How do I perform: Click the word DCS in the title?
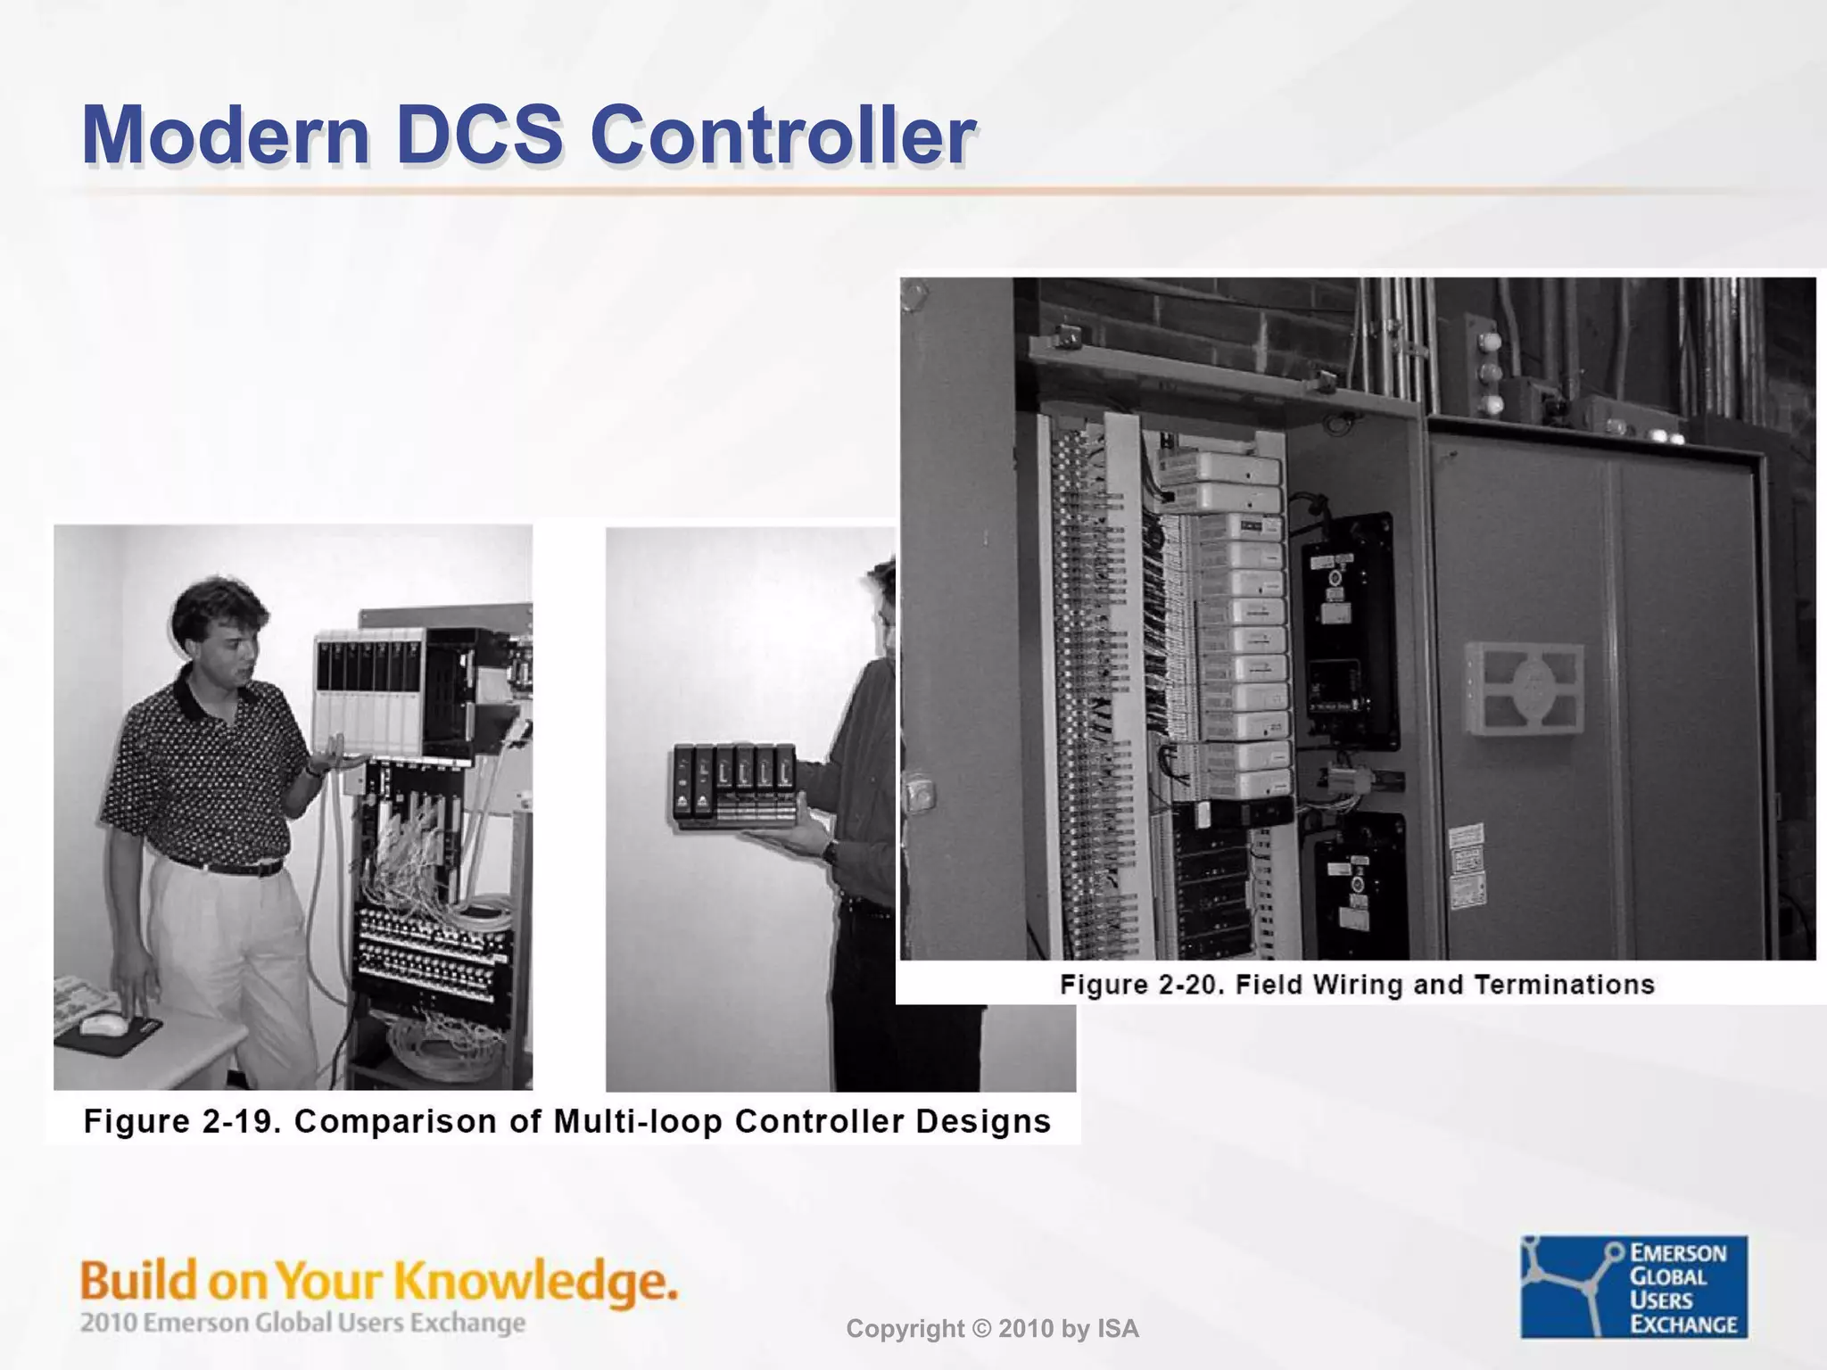coord(480,136)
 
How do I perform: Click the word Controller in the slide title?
coord(781,136)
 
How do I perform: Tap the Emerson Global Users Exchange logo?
coord(1633,1286)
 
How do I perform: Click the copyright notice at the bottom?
coord(992,1329)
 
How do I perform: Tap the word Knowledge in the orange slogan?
coord(535,1281)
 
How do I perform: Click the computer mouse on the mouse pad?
coord(104,1025)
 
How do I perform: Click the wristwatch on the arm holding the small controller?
coord(831,851)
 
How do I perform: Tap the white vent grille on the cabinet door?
coord(1524,689)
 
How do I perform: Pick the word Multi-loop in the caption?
coord(637,1121)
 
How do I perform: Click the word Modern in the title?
coord(226,136)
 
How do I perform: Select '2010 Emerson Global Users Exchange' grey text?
coord(302,1323)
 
